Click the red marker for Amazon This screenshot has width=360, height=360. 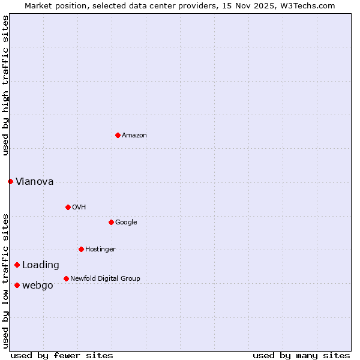pyautogui.click(x=118, y=135)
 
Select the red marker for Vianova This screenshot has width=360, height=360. pyautogui.click(x=10, y=181)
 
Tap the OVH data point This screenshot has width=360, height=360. pyautogui.click(x=68, y=207)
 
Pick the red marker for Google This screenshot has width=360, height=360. pyautogui.click(x=111, y=222)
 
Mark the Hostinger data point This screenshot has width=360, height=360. pyautogui.click(x=81, y=249)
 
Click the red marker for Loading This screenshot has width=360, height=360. pyautogui.click(x=17, y=265)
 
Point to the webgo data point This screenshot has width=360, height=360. pyautogui.click(x=17, y=285)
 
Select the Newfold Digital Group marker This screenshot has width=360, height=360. pyautogui.click(x=66, y=278)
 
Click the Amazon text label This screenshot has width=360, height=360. pyautogui.click(x=134, y=135)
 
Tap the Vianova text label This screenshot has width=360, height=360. pyautogui.click(x=34, y=181)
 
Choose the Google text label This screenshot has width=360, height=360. pyautogui.click(x=126, y=222)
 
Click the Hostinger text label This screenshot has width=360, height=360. pyautogui.click(x=100, y=249)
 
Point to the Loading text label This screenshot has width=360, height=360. pyautogui.click(x=41, y=265)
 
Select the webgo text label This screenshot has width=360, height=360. pyautogui.click(x=38, y=285)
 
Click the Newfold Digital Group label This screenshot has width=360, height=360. pyautogui.click(x=105, y=278)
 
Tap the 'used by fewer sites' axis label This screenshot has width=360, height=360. pyautogui.click(x=62, y=355)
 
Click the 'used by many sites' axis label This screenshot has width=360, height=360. pyautogui.click(x=301, y=355)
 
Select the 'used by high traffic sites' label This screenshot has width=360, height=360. pyautogui.click(x=5, y=85)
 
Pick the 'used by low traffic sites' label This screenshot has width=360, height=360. pyautogui.click(x=5, y=280)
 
